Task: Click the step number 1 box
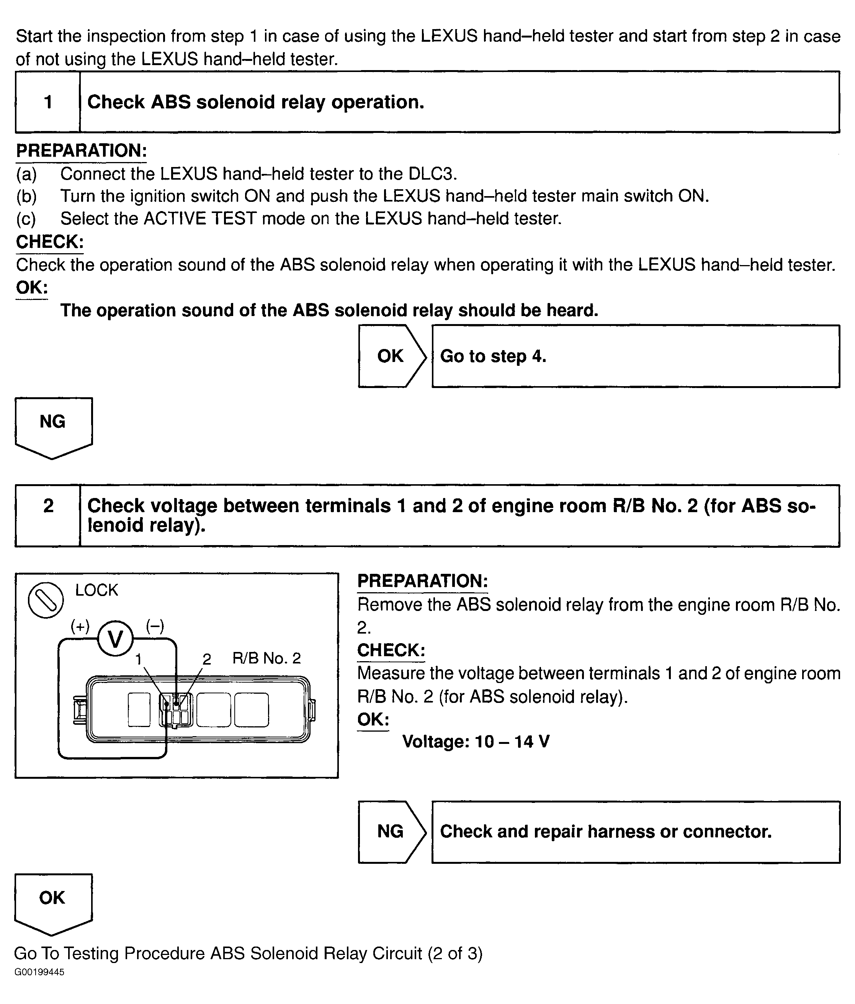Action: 47,102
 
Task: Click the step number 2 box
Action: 47,516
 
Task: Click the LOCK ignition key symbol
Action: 46,600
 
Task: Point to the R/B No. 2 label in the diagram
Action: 266,658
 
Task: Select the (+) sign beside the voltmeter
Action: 80,627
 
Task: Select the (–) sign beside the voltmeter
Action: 155,627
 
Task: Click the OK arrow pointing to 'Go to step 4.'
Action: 391,356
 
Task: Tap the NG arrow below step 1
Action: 53,425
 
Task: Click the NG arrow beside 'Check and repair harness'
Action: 391,832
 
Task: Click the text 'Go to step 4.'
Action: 493,356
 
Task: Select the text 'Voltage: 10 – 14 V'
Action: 476,741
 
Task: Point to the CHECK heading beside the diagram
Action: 391,650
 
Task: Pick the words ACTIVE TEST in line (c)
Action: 199,218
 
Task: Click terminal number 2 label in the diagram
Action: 207,659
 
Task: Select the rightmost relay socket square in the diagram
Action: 252,710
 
